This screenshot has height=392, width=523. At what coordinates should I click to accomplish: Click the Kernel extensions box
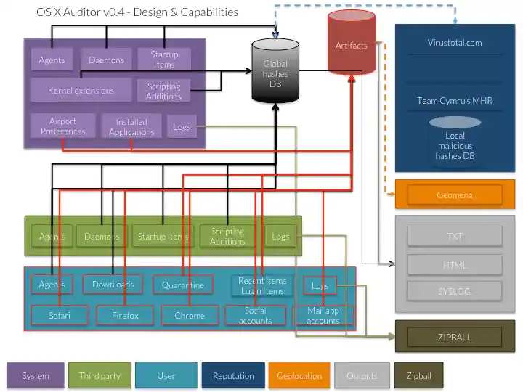click(x=81, y=91)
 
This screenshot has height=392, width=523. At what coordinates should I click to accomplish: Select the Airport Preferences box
click(x=62, y=126)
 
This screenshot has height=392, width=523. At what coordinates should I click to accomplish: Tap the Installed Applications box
click(x=131, y=127)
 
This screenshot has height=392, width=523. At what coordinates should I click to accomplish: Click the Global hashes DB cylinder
click(x=275, y=73)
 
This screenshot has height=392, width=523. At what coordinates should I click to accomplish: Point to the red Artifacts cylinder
click(x=352, y=45)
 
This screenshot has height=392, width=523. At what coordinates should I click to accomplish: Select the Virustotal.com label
click(x=455, y=43)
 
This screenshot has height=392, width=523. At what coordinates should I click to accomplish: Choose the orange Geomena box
click(x=455, y=195)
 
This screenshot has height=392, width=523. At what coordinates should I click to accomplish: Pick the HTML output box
click(x=455, y=264)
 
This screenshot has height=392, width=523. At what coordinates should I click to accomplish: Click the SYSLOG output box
click(x=455, y=291)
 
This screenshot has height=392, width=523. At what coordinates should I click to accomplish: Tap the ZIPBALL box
click(x=455, y=337)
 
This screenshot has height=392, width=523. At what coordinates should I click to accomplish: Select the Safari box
click(x=60, y=316)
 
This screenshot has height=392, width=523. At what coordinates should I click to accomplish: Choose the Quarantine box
click(x=183, y=285)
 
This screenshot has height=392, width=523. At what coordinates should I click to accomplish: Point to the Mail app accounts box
click(x=323, y=316)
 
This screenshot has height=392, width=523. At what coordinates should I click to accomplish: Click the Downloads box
click(x=113, y=284)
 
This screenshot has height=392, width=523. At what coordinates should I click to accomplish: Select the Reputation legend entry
click(x=233, y=376)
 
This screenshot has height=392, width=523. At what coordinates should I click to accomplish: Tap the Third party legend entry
click(x=100, y=376)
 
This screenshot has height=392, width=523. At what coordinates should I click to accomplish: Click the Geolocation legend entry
click(x=299, y=376)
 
